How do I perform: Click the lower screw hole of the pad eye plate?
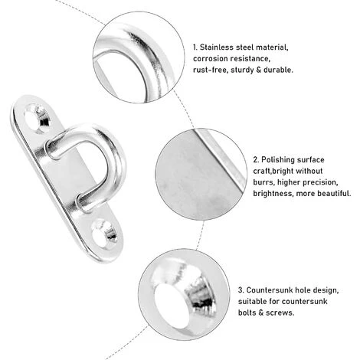[104, 234]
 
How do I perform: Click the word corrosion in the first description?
[210, 59]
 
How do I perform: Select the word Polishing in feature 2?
[277, 160]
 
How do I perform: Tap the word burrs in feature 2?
[263, 182]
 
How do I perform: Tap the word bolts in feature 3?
[247, 313]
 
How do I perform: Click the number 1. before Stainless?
[195, 47]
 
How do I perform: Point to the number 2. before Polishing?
[256, 160]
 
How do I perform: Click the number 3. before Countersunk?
[241, 290]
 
